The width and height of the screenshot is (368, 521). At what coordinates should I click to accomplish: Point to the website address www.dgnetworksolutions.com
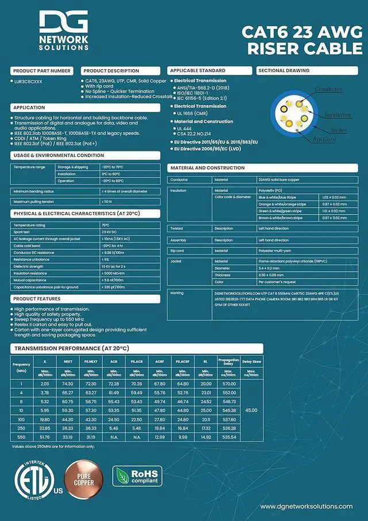point(306,507)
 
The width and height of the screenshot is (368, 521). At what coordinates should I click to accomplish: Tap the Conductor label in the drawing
point(328,89)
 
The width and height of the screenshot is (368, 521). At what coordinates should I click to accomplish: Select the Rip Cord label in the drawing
point(325,139)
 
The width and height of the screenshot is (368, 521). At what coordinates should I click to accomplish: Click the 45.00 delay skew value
point(251,410)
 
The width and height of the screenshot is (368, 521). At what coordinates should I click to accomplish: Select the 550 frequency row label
point(21,437)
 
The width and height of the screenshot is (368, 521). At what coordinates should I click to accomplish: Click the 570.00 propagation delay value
point(229,383)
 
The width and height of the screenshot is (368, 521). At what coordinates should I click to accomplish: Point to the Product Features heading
point(37,299)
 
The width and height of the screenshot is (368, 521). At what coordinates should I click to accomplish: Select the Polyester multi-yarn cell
point(277,250)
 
